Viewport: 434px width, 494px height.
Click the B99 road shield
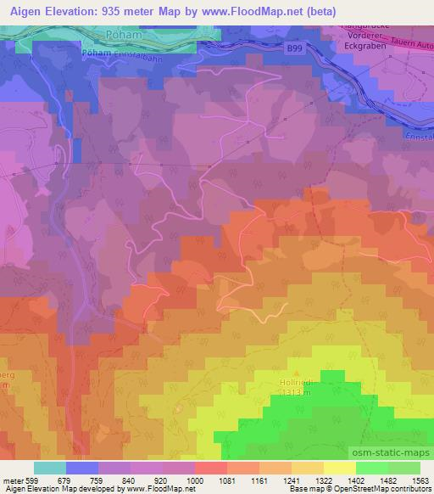[x=295, y=50]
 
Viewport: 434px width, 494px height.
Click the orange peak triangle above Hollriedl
[x=296, y=372]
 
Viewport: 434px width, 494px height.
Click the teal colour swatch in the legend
[x=50, y=468]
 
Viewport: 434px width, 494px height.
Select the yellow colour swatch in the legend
[x=340, y=468]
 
